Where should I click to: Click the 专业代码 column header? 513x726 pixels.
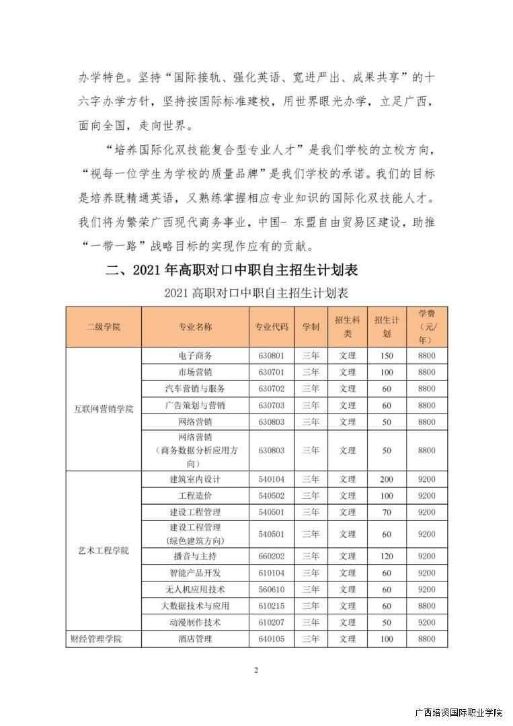click(x=272, y=327)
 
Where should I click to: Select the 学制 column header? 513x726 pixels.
click(x=311, y=327)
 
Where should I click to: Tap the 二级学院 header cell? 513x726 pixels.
click(x=104, y=327)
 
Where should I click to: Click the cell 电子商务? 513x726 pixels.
click(x=195, y=356)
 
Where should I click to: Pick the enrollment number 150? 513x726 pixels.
click(x=387, y=356)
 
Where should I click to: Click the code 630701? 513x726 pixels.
click(x=272, y=372)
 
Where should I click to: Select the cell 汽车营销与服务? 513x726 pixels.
click(x=195, y=389)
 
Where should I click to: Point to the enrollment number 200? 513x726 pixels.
click(x=387, y=479)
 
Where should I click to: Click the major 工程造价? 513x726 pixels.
click(x=195, y=495)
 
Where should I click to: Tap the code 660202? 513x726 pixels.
click(x=272, y=557)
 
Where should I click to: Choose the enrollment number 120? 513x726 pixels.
click(x=387, y=557)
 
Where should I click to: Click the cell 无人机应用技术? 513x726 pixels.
click(x=195, y=590)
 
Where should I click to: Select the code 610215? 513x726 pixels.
click(x=272, y=606)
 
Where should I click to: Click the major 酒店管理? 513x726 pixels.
click(x=195, y=639)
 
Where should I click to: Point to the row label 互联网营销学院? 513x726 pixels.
click(x=104, y=409)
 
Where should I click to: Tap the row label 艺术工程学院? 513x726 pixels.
click(x=104, y=551)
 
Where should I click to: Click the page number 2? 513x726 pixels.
click(x=256, y=670)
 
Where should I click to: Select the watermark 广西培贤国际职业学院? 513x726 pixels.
click(x=459, y=713)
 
